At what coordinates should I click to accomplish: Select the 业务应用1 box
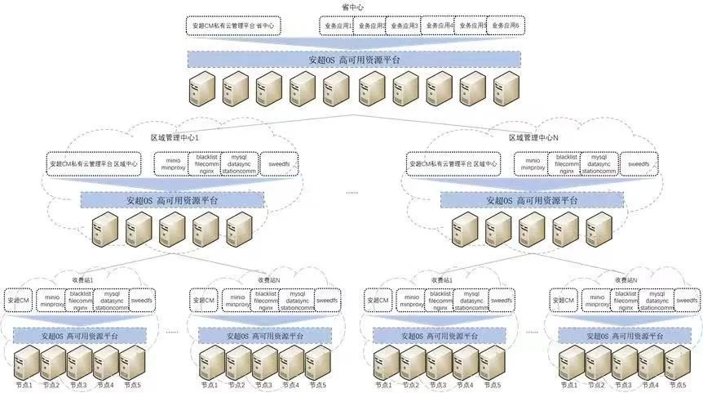click(336, 26)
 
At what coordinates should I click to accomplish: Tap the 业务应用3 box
click(403, 26)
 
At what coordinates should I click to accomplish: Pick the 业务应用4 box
click(437, 26)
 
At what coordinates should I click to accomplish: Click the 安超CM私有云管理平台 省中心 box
click(234, 26)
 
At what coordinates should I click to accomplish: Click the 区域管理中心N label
click(534, 138)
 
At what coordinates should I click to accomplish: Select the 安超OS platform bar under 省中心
click(354, 60)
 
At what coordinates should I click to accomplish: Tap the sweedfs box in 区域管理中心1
click(276, 163)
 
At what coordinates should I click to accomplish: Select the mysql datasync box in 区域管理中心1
click(239, 163)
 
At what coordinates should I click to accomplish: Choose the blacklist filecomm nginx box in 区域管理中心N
click(566, 163)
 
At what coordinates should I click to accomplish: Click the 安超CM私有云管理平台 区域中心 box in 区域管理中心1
click(95, 163)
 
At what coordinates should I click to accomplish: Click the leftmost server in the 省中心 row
click(201, 88)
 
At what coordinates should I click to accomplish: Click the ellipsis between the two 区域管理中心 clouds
click(351, 194)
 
